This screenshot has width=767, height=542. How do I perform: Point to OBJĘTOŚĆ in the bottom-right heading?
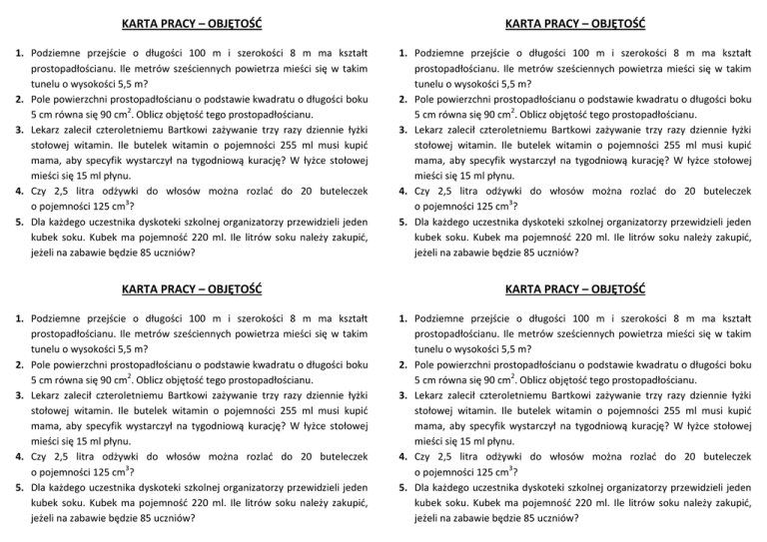pyautogui.click(x=607, y=290)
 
